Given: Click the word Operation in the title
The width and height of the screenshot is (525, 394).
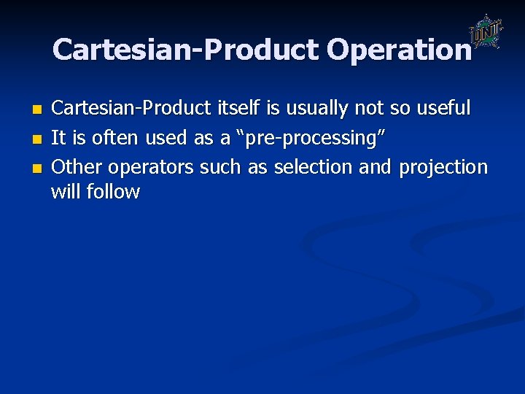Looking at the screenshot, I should (399, 50).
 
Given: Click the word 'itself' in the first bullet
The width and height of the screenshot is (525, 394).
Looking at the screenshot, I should (238, 109).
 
